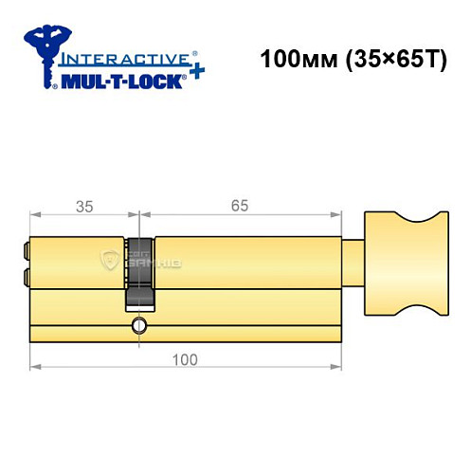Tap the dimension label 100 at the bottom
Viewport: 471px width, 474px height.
[186, 358]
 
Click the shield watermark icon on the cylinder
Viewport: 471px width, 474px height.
[110, 260]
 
